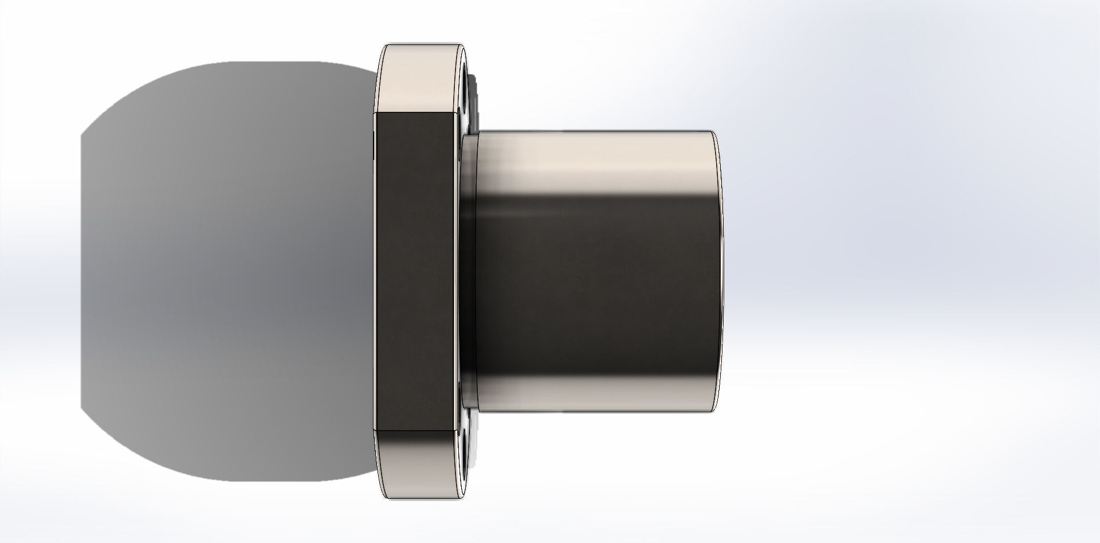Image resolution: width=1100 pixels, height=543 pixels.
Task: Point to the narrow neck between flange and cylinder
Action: (x=469, y=269)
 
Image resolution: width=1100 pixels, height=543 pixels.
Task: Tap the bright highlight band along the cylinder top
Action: (x=596, y=155)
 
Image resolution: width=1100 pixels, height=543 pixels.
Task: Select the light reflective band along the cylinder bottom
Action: (x=596, y=393)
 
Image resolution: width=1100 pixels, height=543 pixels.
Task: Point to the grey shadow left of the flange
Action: (x=229, y=269)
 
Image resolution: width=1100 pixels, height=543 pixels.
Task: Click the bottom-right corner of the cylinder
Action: (x=713, y=411)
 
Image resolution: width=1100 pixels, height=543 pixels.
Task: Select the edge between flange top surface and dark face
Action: (x=415, y=113)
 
